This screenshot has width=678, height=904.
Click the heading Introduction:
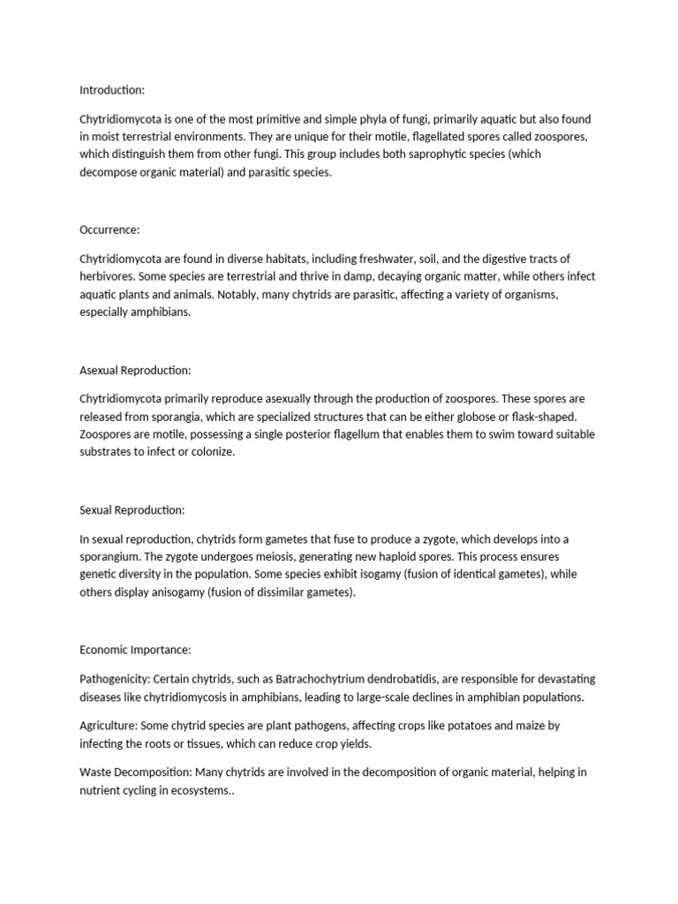[111, 90]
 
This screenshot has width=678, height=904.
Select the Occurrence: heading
[109, 230]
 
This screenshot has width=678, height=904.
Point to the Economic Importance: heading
[135, 650]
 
